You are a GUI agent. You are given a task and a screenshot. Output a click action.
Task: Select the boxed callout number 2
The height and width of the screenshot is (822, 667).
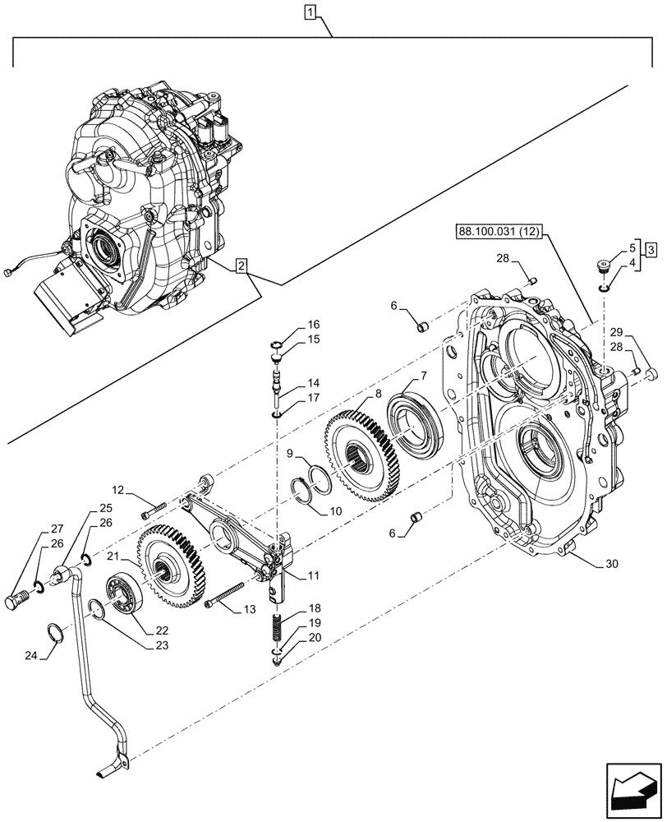(239, 266)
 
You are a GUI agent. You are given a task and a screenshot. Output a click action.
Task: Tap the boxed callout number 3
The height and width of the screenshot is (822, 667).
(649, 250)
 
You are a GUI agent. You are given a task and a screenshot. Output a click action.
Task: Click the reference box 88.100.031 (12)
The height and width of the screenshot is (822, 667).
(496, 233)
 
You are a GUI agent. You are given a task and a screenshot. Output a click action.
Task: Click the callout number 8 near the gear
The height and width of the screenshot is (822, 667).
(378, 394)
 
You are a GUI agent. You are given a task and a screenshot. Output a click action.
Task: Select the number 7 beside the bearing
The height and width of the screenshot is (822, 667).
(423, 376)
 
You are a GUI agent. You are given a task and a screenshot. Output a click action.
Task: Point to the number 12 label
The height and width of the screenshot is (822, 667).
(118, 491)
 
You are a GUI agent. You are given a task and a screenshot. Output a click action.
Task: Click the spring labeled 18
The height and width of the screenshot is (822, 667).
(277, 631)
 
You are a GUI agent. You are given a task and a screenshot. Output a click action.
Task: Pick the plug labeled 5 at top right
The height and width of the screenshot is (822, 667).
(603, 266)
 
